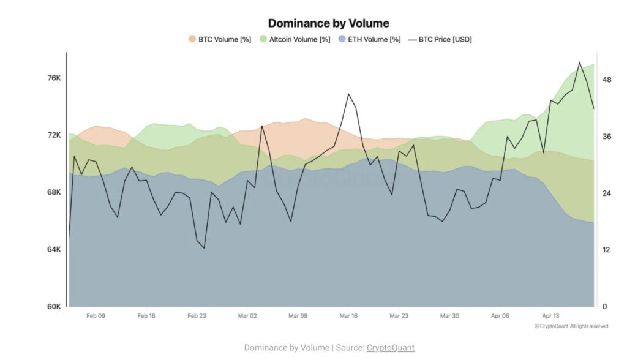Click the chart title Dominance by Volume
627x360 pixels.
click(328, 23)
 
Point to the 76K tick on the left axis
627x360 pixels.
click(54, 78)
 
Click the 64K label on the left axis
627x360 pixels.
click(54, 250)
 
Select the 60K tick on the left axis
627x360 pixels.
click(54, 307)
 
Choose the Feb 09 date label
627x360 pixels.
click(96, 317)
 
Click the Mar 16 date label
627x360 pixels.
click(348, 317)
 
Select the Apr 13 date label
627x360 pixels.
click(550, 317)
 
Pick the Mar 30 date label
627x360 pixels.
click(449, 317)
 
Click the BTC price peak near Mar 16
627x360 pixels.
click(348, 94)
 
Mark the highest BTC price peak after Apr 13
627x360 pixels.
click(579, 62)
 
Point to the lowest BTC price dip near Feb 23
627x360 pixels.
click(204, 248)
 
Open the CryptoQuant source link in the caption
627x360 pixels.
click(390, 348)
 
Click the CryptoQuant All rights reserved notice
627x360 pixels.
click(571, 326)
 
